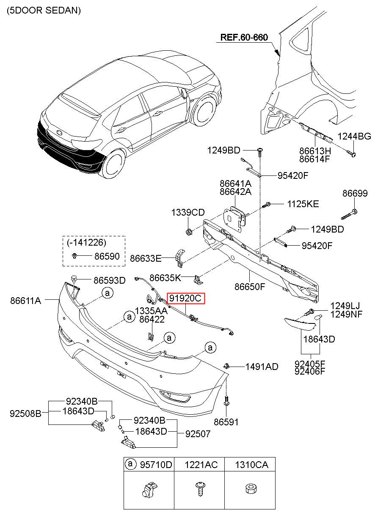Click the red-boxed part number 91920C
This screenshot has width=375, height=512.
(185, 298)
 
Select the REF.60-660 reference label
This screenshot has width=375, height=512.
(244, 37)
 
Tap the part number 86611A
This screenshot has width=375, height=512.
(26, 301)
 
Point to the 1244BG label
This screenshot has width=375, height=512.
(354, 137)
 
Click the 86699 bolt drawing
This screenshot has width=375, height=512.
(349, 214)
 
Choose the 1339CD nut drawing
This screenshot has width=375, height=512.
(188, 232)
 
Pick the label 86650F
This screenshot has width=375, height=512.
(250, 287)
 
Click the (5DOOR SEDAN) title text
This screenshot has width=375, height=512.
(44, 11)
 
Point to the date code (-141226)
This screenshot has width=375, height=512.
(86, 242)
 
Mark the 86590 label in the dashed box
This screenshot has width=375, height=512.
(107, 256)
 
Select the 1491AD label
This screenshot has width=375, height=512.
(262, 367)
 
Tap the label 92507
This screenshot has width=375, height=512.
(198, 434)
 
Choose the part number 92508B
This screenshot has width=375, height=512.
(25, 413)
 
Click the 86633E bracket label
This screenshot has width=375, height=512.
(146, 258)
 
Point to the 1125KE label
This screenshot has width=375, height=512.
(303, 204)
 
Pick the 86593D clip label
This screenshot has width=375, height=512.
(110, 280)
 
